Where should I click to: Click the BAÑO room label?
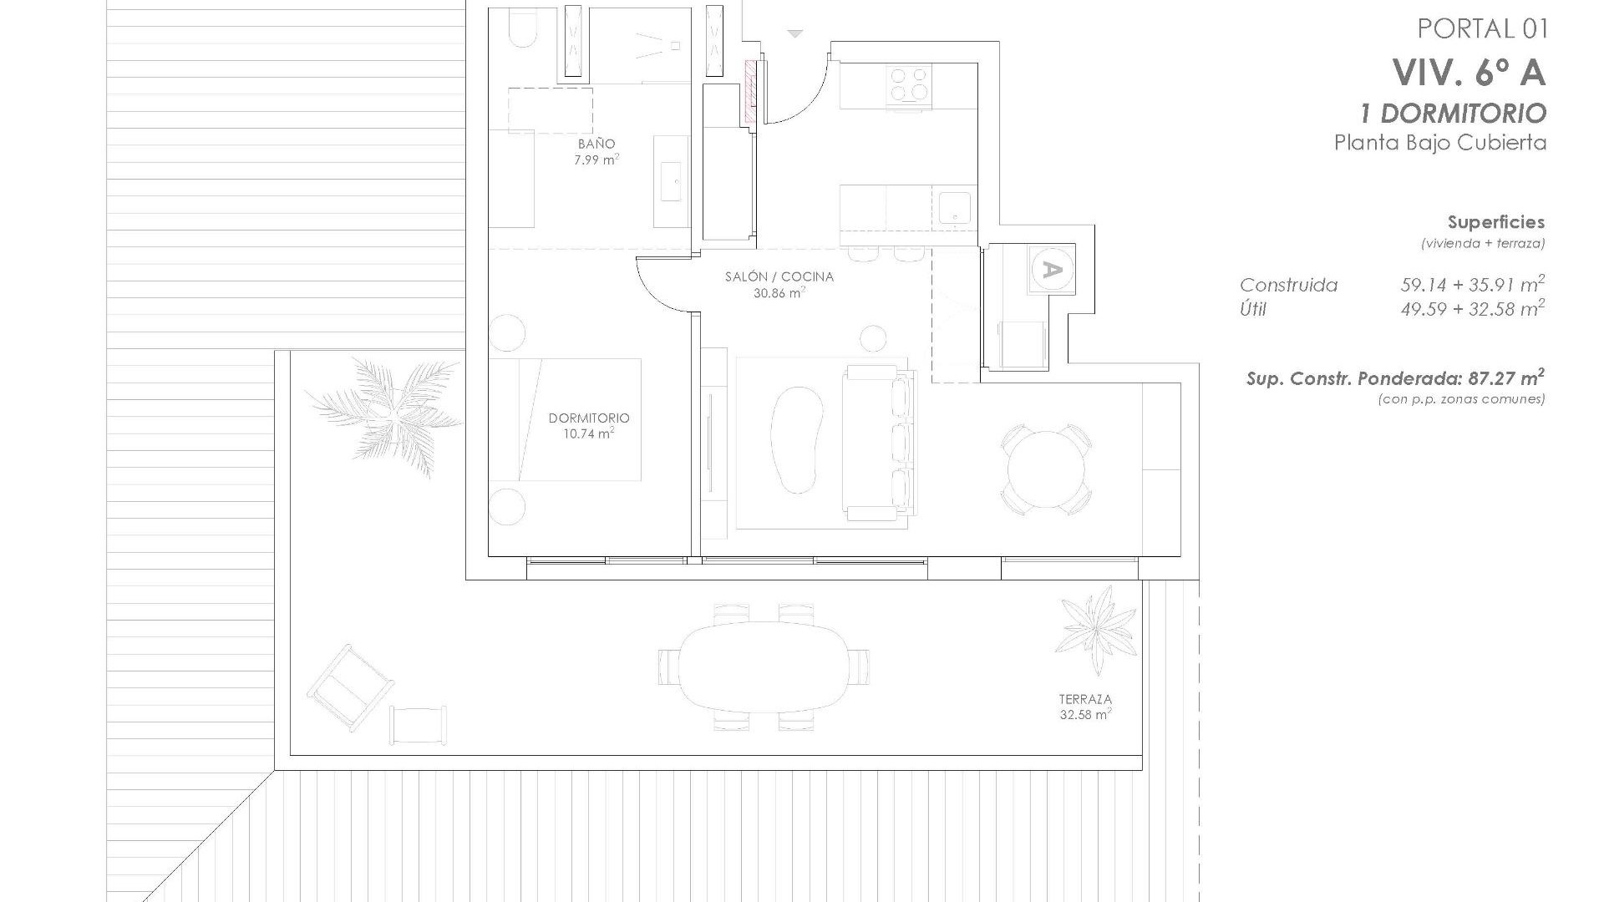point(596,144)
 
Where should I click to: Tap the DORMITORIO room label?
point(589,418)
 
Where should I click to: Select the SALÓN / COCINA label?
point(779,276)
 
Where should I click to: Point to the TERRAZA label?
point(1085,699)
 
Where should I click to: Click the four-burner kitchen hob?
point(908,84)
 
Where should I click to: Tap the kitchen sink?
point(953,208)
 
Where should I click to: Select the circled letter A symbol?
point(1053,270)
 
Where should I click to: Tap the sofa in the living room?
point(879,443)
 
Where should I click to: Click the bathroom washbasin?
point(671,181)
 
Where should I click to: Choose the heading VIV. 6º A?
point(1469,73)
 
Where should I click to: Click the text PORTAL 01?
point(1483,29)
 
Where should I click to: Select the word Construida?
point(1288,286)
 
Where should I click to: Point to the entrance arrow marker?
point(795,34)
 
